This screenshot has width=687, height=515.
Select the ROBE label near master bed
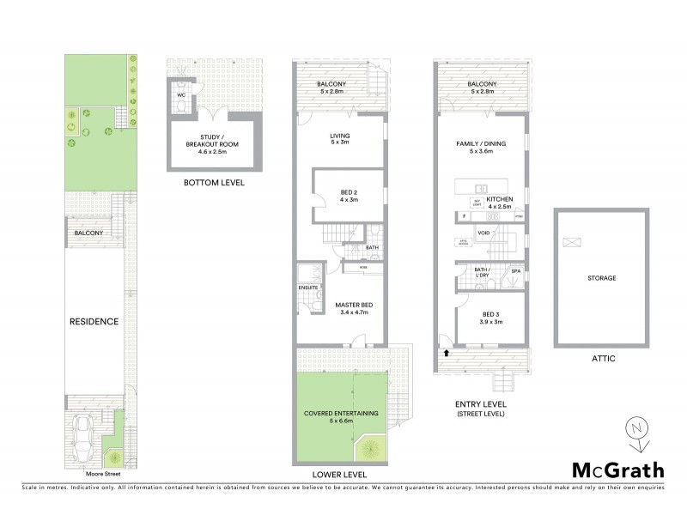click(x=364, y=267)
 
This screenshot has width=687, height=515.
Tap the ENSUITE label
click(x=308, y=287)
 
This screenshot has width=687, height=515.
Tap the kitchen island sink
click(x=482, y=188)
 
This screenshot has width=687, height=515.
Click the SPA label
click(x=515, y=271)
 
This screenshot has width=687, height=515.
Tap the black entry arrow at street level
click(x=447, y=351)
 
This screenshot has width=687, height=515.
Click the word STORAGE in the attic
click(x=601, y=277)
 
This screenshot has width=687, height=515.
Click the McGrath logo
click(x=617, y=470)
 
